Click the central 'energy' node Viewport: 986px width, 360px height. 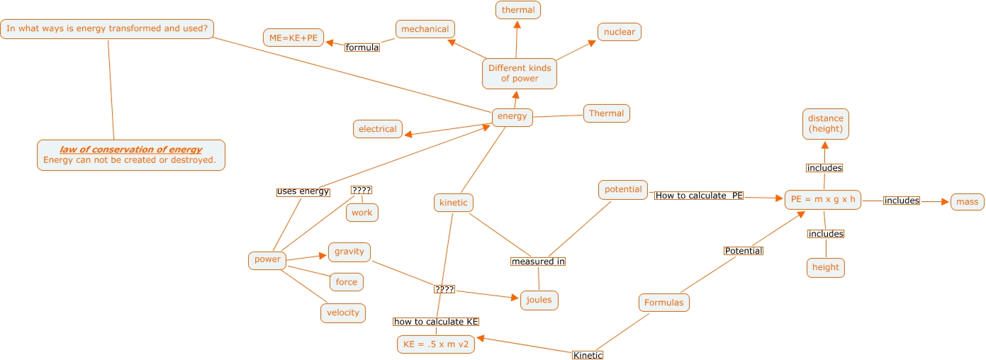pos(512,117)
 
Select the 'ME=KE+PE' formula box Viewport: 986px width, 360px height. pos(293,38)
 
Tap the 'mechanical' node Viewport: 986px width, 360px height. pos(425,29)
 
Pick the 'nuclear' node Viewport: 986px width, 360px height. pos(620,32)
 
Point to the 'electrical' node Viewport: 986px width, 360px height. pos(377,129)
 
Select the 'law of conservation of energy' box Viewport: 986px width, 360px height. pos(130,154)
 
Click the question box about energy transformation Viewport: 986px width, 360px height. pos(107,29)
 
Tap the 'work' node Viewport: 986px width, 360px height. pos(362,213)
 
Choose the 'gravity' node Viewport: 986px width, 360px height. pos(349,252)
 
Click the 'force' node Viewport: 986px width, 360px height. pos(347,282)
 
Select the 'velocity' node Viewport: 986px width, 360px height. pos(343,313)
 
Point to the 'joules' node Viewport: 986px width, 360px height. pos(539,300)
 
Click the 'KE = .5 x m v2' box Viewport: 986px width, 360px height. pos(436,344)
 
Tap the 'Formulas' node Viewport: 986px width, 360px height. pos(664,303)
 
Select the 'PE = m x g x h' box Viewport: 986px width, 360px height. pos(823,199)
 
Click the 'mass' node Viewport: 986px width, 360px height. pos(967,202)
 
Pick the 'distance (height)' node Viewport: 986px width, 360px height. pos(826,124)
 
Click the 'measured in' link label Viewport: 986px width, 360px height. pos(538,261)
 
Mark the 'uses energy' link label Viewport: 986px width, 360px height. pos(303,191)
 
